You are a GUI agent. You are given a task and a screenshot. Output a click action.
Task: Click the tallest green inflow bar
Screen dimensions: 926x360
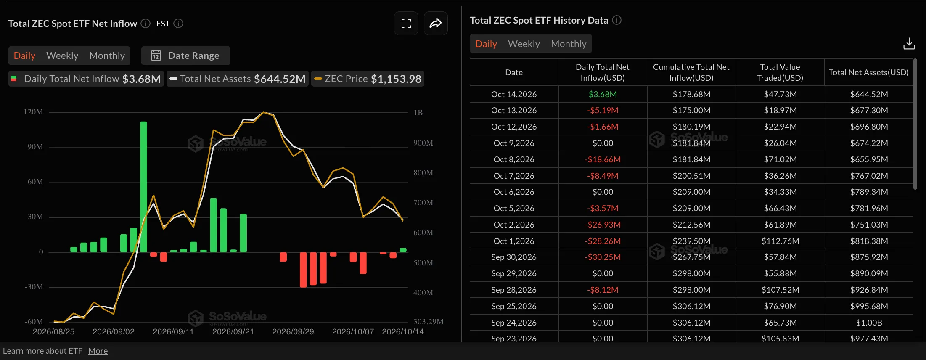143,187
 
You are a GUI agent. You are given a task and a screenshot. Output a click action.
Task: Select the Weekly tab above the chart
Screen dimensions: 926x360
62,56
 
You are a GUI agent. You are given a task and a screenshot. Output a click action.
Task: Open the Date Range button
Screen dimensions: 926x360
185,56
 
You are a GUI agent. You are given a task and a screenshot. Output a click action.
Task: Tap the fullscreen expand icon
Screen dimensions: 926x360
406,23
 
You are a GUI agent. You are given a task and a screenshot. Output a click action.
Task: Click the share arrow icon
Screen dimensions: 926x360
436,23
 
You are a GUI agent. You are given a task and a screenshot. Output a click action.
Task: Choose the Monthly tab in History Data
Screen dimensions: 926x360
569,44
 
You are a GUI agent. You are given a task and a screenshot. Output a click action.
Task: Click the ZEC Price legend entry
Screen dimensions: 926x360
368,79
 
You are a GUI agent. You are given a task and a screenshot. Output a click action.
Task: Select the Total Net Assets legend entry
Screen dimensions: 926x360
238,79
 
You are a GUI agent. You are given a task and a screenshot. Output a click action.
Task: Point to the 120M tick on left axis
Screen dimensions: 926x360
34,112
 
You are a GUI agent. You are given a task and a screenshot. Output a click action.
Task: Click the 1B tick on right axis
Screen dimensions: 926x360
418,112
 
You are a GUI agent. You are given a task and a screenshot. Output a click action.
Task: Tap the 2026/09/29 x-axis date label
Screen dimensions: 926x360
293,331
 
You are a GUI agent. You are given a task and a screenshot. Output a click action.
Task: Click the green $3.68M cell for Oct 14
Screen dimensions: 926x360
603,94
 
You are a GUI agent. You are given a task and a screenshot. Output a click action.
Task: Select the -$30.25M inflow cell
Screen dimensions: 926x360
603,257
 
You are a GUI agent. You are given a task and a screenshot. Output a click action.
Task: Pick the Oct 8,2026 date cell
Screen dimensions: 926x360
514,159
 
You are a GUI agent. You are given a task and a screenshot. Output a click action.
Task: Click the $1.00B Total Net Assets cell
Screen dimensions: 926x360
869,323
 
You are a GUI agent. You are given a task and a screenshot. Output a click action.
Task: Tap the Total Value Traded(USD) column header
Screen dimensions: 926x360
780,72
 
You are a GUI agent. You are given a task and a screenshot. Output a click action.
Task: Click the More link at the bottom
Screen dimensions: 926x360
98,351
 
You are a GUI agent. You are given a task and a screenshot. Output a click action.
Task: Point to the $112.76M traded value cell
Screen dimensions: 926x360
780,241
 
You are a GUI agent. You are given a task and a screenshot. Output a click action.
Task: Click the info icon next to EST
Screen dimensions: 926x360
178,24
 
